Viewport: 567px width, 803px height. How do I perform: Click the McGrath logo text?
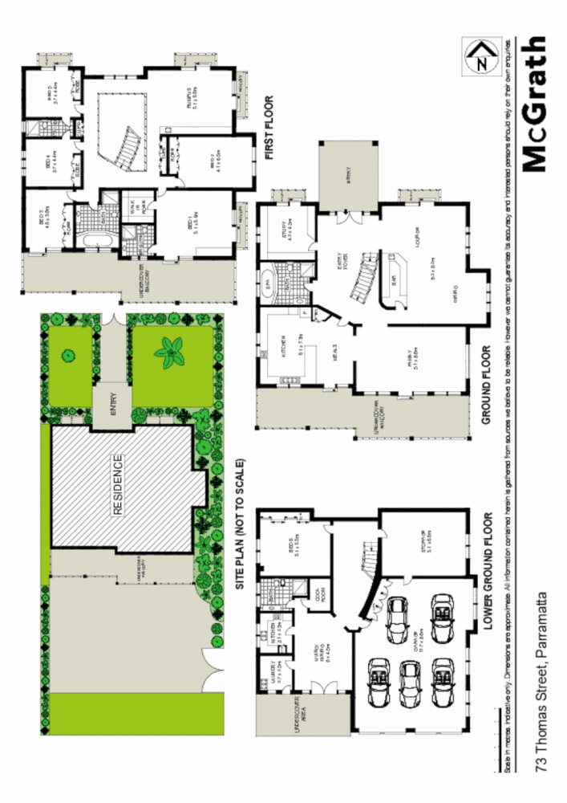pyautogui.click(x=533, y=104)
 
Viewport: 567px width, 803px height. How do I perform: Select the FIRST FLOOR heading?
pyautogui.click(x=269, y=128)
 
